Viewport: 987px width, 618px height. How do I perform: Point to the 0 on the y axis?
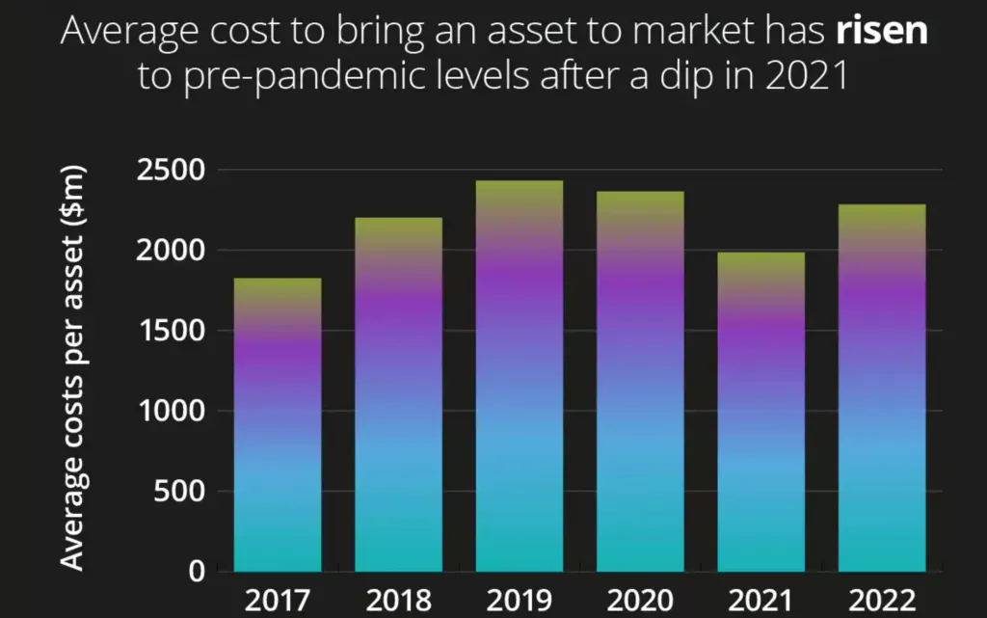[196, 572]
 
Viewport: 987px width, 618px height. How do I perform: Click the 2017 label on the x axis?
[278, 600]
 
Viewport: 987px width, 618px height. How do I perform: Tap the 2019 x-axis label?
[519, 600]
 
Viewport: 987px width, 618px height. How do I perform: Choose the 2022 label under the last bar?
[881, 600]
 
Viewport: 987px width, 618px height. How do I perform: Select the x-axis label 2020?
[640, 600]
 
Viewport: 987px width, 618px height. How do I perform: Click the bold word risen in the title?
[880, 32]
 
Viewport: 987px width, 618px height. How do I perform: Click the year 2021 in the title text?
[807, 77]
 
